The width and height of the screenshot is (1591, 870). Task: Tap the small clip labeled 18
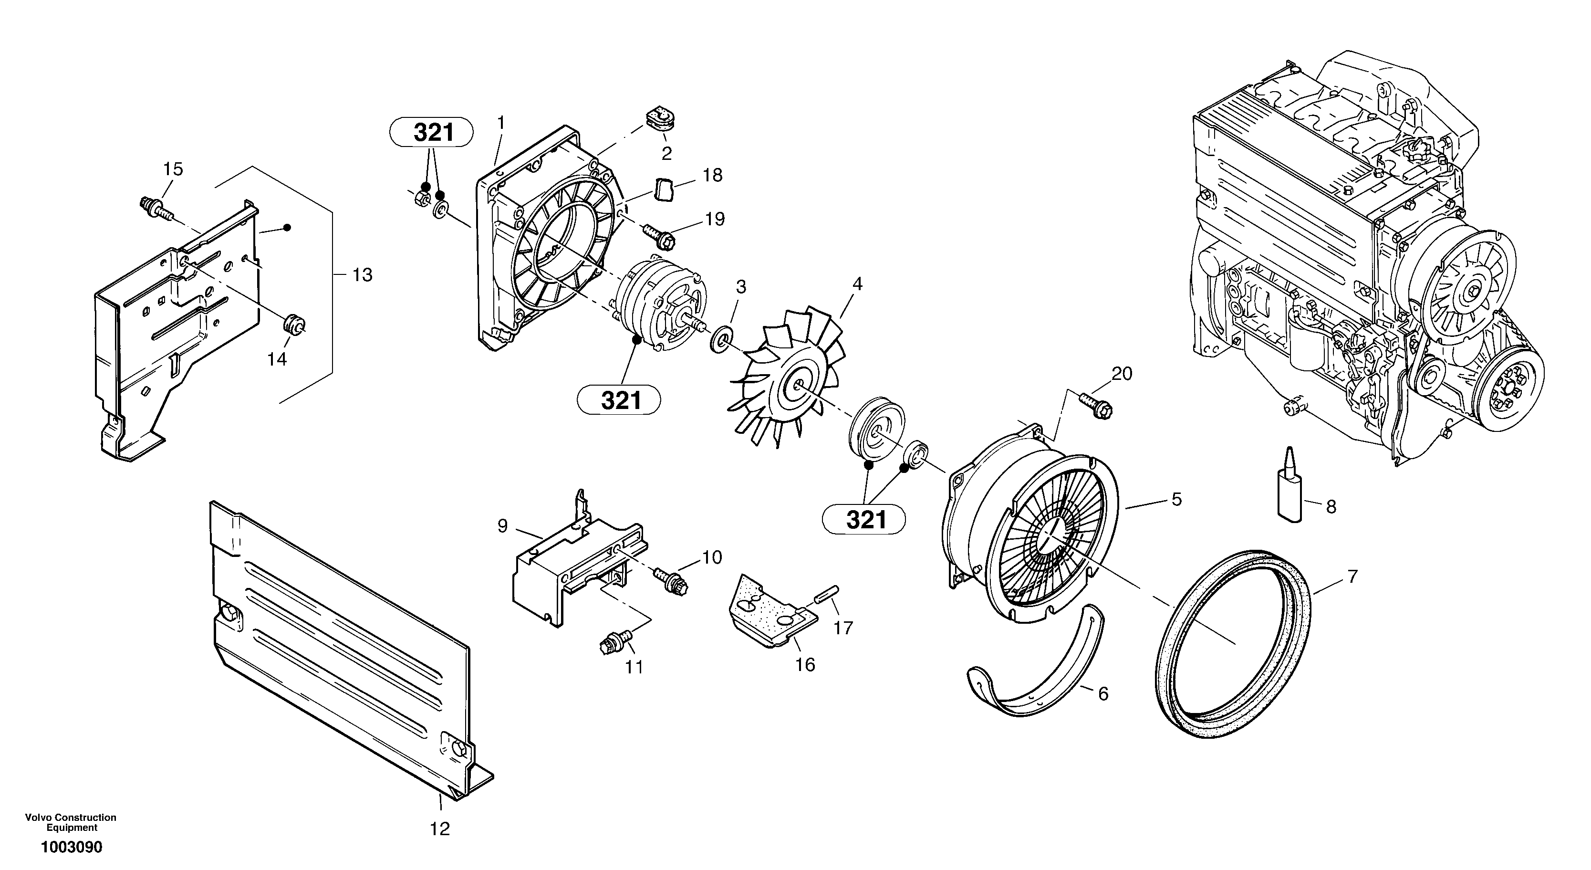[664, 189]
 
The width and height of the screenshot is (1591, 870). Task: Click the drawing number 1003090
[72, 847]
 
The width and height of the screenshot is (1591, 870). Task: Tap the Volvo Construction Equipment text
[71, 822]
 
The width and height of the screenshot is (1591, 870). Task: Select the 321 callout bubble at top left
[432, 133]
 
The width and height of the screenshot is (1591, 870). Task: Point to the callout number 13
[363, 275]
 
